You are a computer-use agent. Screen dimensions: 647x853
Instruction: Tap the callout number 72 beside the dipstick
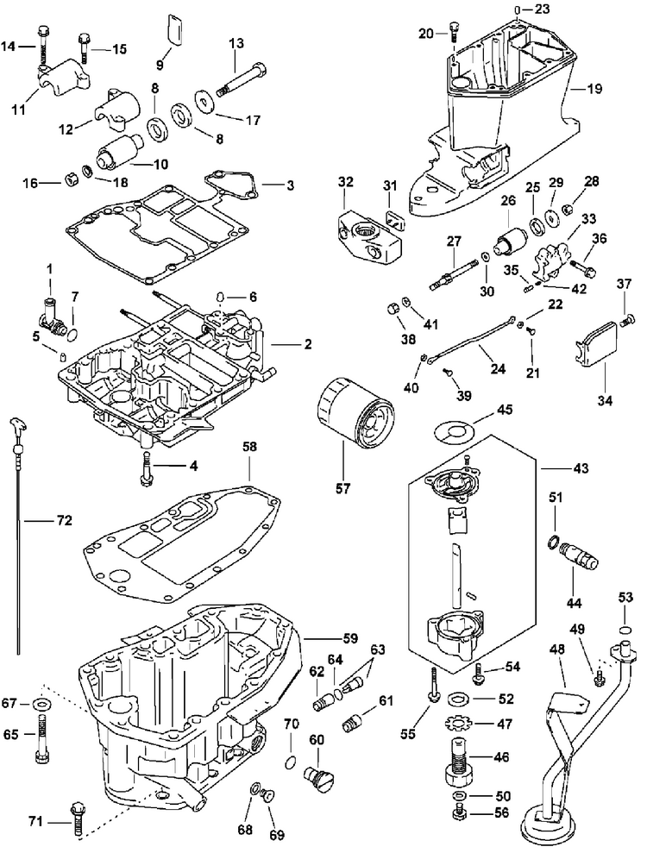pos(64,521)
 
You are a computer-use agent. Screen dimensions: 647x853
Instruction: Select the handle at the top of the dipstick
pos(17,425)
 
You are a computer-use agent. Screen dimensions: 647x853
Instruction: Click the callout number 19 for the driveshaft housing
pos(594,88)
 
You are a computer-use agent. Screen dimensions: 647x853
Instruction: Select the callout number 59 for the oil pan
pos(351,637)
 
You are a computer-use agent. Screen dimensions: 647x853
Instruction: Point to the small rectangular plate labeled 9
pos(173,28)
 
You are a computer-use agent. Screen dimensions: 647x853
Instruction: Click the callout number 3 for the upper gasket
pos(290,185)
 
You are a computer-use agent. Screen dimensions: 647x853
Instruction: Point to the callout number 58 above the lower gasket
pos(250,447)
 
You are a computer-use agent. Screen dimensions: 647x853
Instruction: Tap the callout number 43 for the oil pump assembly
pos(581,467)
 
